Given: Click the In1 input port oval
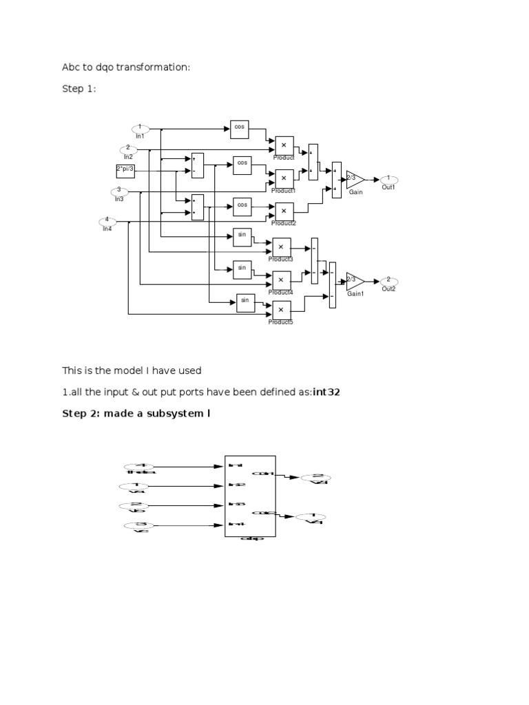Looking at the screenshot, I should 141,128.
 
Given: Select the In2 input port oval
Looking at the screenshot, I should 127,149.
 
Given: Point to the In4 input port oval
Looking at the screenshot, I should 107,221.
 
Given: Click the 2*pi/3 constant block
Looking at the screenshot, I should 125,170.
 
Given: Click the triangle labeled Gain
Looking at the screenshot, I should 353,179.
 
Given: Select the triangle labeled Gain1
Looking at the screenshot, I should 353,281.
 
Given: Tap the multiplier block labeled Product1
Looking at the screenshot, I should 284,178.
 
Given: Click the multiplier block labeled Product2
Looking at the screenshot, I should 284,211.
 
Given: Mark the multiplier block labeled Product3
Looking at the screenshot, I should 281,247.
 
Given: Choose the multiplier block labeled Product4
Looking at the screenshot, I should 281,280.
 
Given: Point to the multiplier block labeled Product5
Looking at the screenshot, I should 281,310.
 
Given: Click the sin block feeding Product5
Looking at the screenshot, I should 245,302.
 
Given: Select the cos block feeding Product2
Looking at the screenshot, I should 242,205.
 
